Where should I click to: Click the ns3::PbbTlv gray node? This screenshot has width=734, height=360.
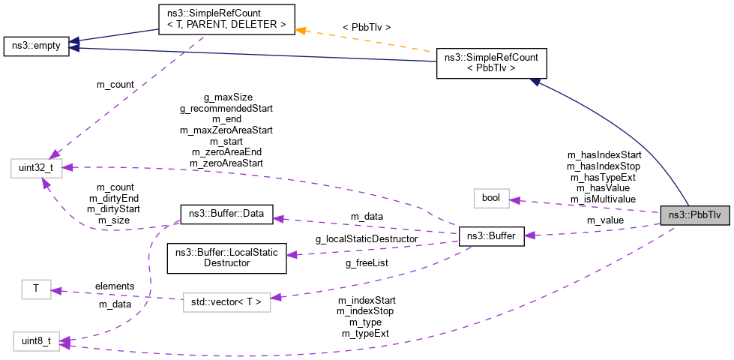point(694,214)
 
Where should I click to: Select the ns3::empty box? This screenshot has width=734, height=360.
point(36,46)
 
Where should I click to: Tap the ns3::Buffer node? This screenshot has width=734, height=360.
point(490,235)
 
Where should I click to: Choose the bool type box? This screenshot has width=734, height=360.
point(491,198)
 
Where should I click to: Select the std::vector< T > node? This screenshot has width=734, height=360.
point(226,301)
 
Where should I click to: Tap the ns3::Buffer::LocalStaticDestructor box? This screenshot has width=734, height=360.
point(226,257)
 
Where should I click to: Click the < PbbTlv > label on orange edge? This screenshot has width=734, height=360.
point(366,28)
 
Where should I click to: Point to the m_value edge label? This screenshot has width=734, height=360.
point(604,220)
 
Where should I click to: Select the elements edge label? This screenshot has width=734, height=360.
point(114,286)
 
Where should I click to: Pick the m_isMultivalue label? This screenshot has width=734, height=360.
point(603,199)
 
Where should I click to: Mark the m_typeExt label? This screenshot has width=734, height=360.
point(365,333)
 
